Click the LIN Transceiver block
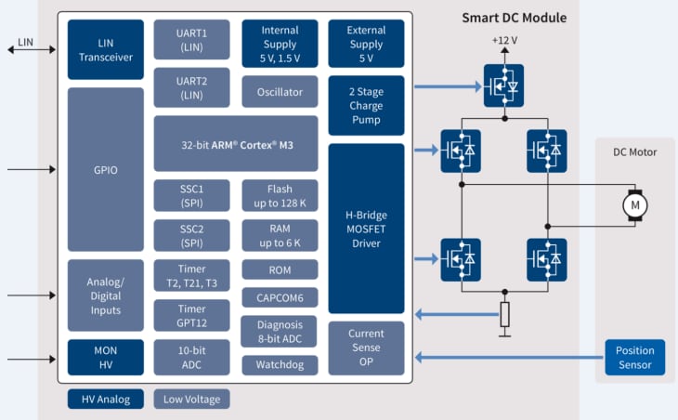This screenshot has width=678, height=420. coord(106,49)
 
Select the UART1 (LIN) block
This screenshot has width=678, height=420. coord(192,40)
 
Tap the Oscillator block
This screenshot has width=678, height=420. coord(280,92)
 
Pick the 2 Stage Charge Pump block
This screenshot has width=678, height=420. coord(366,105)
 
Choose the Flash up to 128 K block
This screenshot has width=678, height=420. coord(280,196)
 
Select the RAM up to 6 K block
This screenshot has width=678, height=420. coord(280,236)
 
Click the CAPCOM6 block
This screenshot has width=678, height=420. coord(280,298)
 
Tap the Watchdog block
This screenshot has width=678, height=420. coord(280,365)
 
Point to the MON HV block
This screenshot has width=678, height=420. coord(106,357)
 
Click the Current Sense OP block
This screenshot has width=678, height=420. coord(366,348)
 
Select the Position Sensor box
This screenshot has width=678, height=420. coord(635,357)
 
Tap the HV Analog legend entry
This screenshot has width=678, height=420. coord(106,400)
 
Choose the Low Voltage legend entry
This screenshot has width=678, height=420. coord(191,400)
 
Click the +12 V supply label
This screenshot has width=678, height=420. coord(504,42)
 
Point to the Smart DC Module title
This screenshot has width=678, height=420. coord(514,18)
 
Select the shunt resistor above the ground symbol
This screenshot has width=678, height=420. coord(504,315)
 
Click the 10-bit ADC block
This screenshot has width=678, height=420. coord(192,357)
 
